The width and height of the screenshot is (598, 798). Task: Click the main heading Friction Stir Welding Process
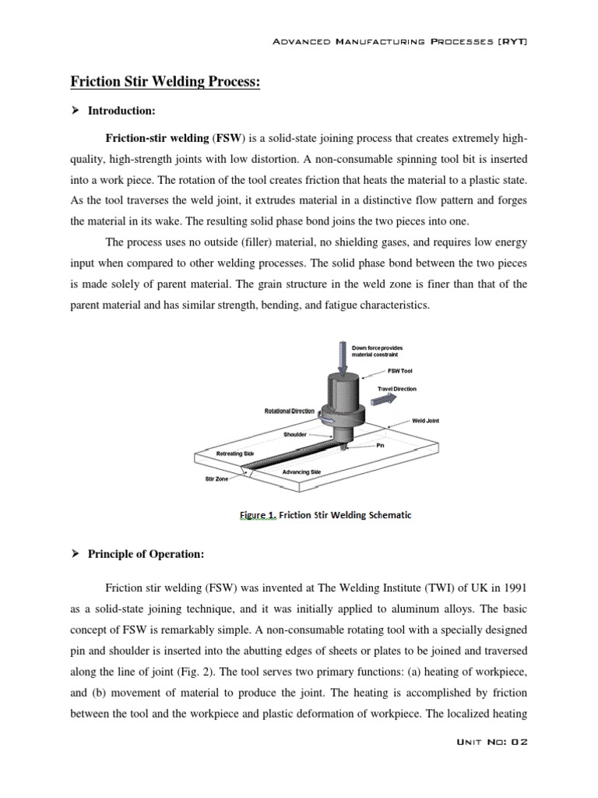(166, 83)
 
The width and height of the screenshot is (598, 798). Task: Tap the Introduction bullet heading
(121, 111)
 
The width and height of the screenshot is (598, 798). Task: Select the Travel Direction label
(397, 388)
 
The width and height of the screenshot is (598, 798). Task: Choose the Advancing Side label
(300, 472)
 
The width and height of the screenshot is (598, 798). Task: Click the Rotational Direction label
(290, 411)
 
